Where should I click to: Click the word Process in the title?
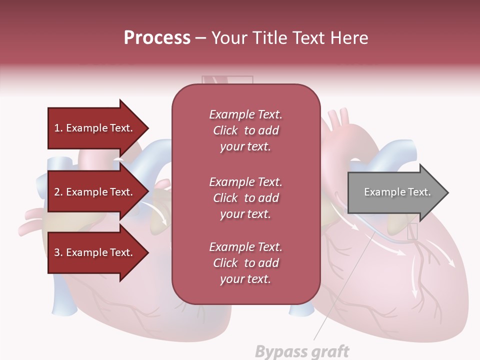157,38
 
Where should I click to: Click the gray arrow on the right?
397,192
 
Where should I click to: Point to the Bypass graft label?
302,351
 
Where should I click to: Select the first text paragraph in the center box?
245,130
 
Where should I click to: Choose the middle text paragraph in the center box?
245,198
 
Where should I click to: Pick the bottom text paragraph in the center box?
245,263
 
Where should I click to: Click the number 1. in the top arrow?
58,128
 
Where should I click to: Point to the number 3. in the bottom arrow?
58,252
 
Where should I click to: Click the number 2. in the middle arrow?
58,192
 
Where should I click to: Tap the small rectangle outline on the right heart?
412,231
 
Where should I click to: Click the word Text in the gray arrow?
418,192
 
